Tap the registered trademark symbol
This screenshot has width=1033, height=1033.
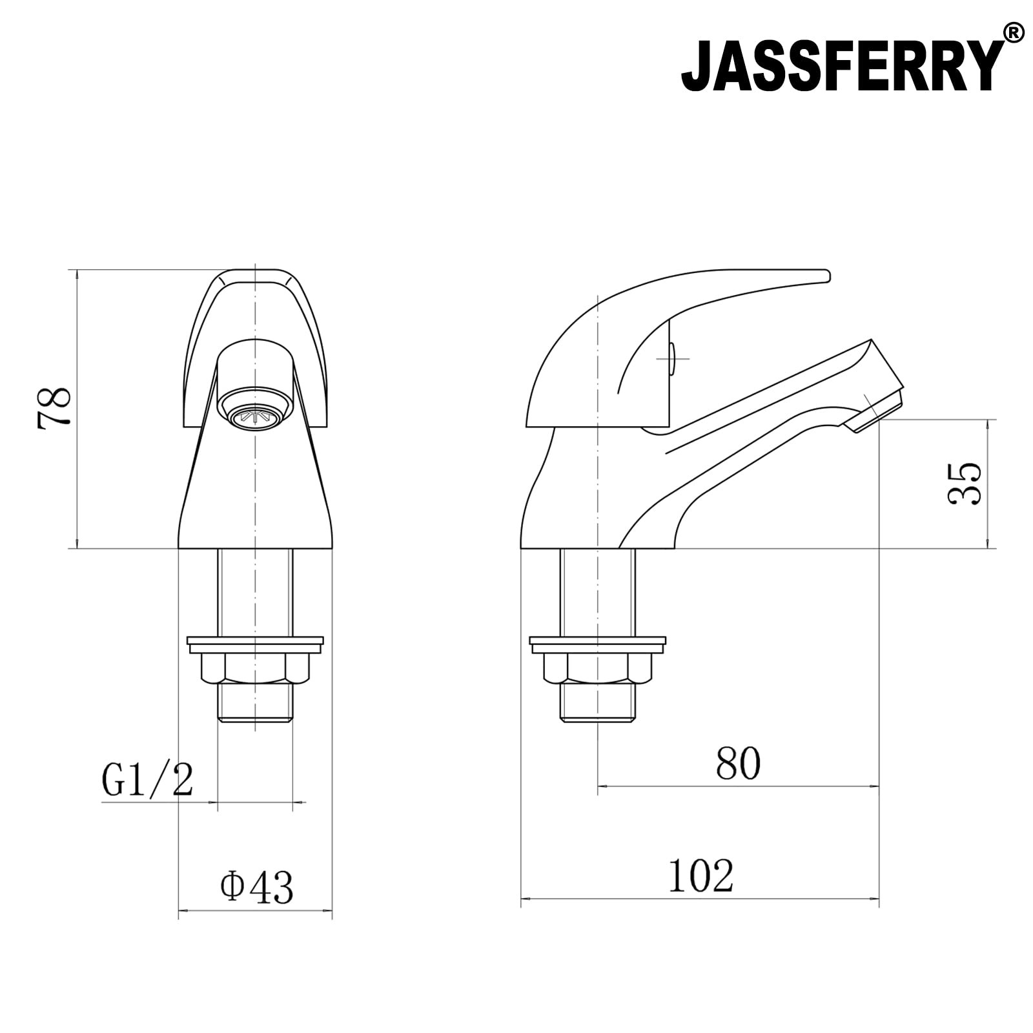(1014, 32)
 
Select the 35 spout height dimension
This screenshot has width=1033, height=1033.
(966, 483)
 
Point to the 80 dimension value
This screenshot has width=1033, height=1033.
(738, 764)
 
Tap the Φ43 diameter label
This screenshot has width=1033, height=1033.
(256, 886)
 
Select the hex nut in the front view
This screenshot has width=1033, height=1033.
(255, 668)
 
